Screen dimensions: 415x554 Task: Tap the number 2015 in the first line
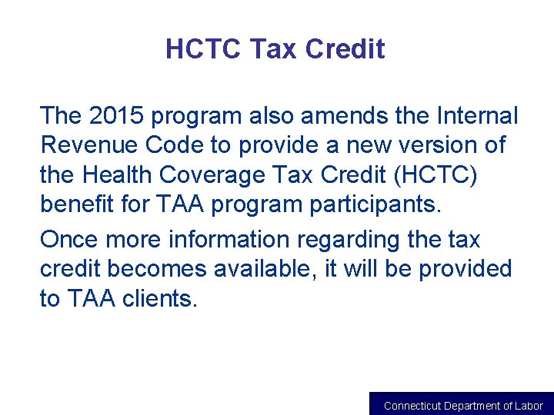[x=110, y=116]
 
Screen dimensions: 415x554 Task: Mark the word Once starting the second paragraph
[x=68, y=239]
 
